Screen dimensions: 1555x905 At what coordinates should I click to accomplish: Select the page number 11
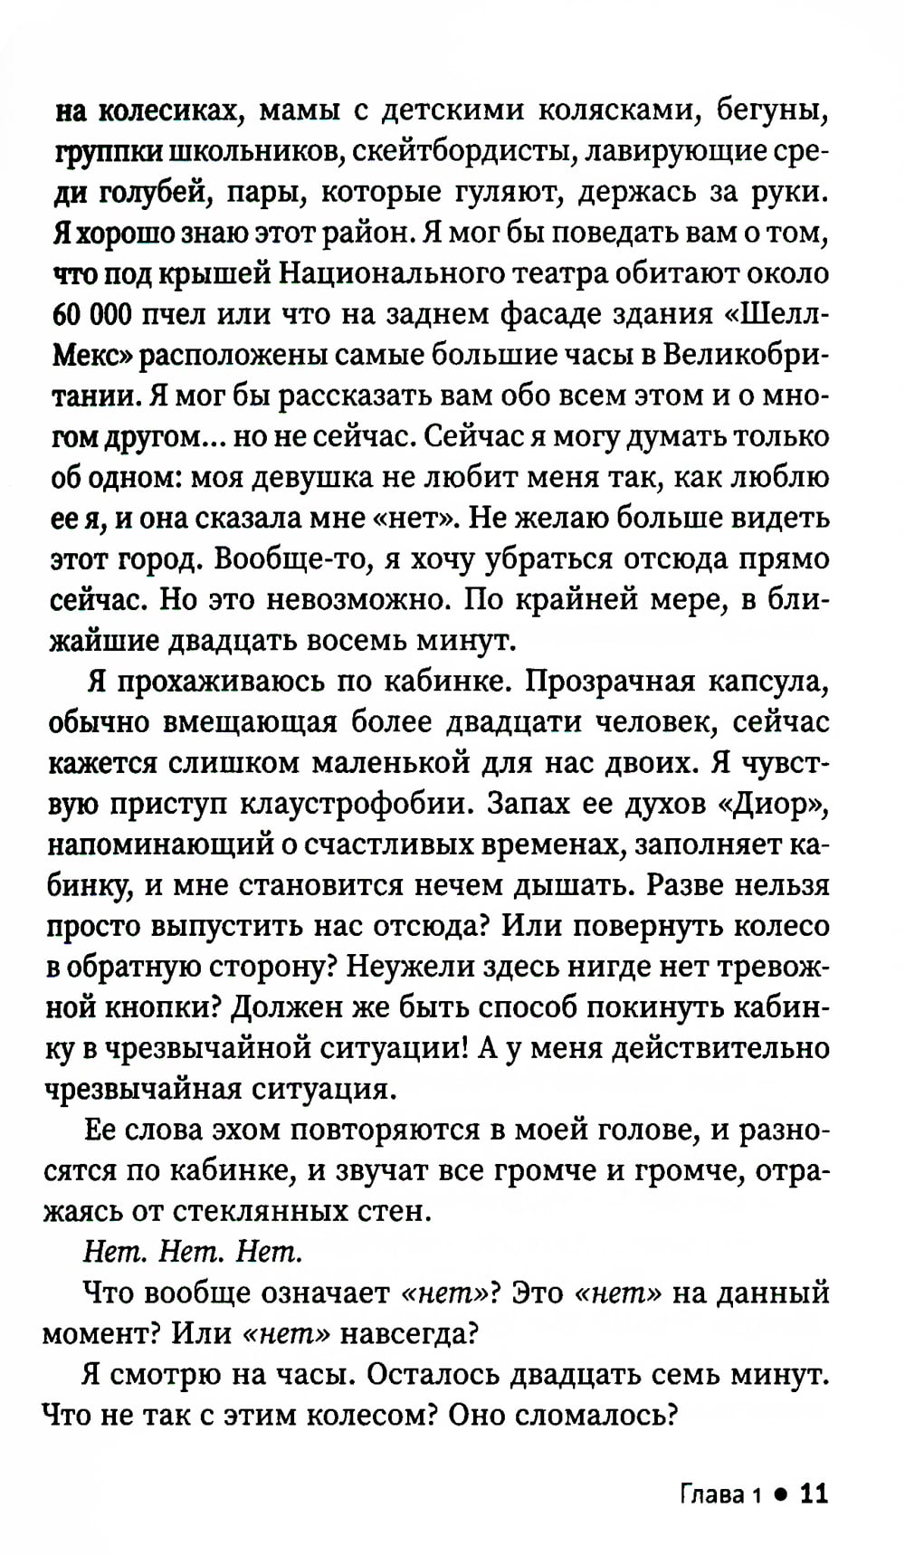[x=814, y=1493]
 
